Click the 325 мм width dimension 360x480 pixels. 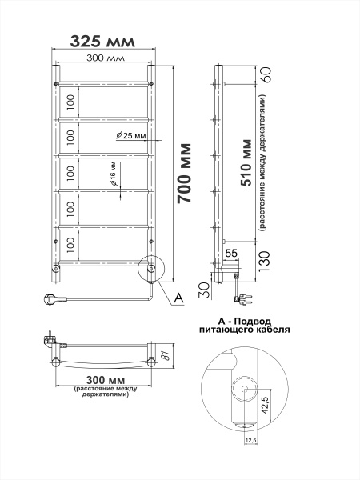pyautogui.click(x=101, y=41)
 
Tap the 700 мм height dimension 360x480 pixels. pyautogui.click(x=184, y=174)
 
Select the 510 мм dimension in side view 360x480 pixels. pyautogui.click(x=246, y=160)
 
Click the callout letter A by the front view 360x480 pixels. pyautogui.click(x=178, y=298)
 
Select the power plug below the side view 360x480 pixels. pyautogui.click(x=237, y=300)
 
